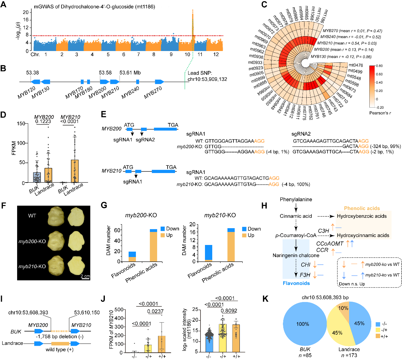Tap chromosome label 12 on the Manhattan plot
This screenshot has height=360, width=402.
(216, 55)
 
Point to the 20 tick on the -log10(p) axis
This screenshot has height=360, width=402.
(26, 12)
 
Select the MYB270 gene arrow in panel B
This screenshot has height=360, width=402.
(159, 82)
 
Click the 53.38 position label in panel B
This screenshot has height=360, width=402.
(33, 73)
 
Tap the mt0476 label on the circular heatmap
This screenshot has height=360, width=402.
(356, 65)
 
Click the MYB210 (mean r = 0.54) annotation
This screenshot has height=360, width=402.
(347, 43)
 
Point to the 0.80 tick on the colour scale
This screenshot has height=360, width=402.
(379, 66)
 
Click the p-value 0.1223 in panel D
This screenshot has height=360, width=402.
(43, 121)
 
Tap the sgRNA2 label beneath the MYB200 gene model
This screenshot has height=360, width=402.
(145, 140)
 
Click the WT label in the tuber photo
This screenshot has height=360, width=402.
(32, 216)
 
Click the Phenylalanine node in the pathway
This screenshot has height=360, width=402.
(296, 200)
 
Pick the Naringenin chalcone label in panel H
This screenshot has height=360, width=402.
(296, 255)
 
